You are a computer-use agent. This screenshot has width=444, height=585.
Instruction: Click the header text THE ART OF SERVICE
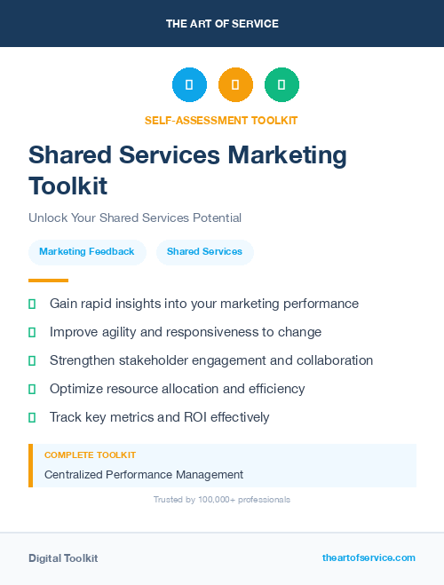pyautogui.click(x=222, y=24)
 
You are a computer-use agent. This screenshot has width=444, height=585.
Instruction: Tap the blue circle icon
pyautogui.click(x=189, y=85)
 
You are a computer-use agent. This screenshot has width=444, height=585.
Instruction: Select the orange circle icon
pyautogui.click(x=235, y=85)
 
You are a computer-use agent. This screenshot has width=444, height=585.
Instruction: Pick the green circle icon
pyautogui.click(x=281, y=85)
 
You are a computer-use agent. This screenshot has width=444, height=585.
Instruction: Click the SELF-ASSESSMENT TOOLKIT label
pyautogui.click(x=221, y=120)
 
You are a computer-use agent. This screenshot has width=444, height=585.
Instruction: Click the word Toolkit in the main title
pyautogui.click(x=67, y=186)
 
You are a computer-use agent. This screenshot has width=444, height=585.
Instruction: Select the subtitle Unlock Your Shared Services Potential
pyautogui.click(x=135, y=217)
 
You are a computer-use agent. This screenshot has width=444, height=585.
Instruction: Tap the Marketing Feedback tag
pyautogui.click(x=87, y=252)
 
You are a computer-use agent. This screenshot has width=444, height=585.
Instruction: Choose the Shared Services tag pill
pyautogui.click(x=204, y=252)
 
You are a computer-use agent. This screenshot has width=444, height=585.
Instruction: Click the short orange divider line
pyautogui.click(x=48, y=281)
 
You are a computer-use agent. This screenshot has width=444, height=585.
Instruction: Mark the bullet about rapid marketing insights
pyautogui.click(x=204, y=304)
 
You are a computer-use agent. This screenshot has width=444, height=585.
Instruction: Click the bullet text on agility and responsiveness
pyautogui.click(x=186, y=332)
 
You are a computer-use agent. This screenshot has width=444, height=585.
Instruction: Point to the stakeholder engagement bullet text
pyautogui.click(x=211, y=360)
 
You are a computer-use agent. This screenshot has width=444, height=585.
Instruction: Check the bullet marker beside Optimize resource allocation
pyautogui.click(x=32, y=389)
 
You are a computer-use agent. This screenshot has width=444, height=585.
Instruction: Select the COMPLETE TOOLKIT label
pyautogui.click(x=84, y=455)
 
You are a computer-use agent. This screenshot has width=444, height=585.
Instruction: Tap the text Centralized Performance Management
pyautogui.click(x=144, y=475)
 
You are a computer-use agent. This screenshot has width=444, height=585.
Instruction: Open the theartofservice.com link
pyautogui.click(x=369, y=557)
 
